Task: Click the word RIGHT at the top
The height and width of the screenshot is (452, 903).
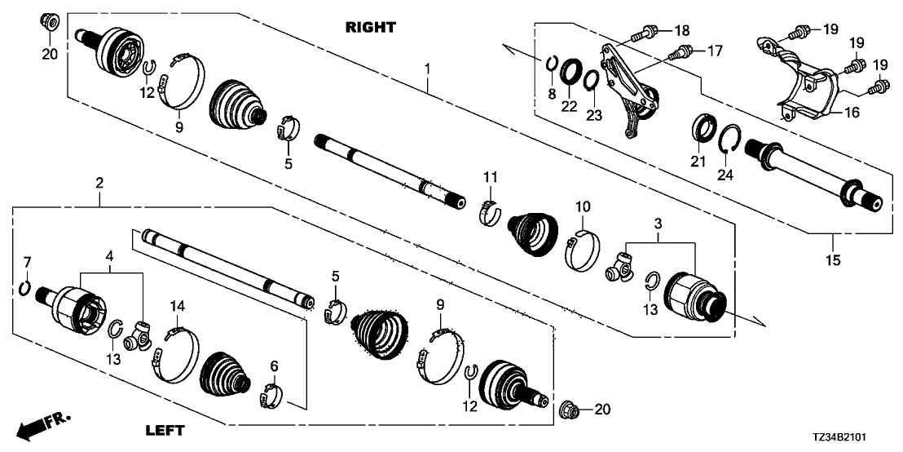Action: (370, 27)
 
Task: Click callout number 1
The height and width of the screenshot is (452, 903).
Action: (428, 69)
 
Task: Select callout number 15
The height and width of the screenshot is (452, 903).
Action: (833, 260)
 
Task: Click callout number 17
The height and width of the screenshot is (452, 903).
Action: (715, 52)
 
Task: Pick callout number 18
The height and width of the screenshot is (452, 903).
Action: (682, 30)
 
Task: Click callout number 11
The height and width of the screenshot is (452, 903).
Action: (490, 176)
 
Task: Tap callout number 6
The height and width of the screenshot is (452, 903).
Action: (274, 365)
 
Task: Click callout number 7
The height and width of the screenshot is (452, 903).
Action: (27, 263)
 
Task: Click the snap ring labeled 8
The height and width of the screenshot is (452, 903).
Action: (552, 63)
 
